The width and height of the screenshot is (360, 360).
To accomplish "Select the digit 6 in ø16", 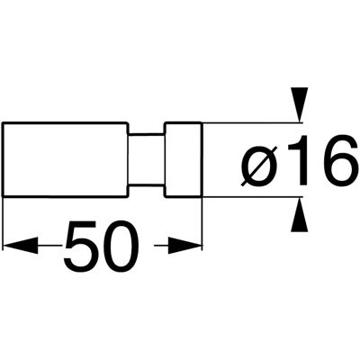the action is pos(338,160).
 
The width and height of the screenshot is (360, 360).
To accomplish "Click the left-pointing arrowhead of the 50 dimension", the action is pos(20,246).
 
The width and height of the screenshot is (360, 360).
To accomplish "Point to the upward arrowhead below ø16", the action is pos(300,214).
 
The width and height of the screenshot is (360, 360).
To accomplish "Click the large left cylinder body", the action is pos(65,159).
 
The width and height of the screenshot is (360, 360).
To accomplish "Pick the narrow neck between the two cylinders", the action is pos(147,159).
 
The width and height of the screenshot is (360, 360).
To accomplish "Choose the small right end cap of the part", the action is pos(183,159).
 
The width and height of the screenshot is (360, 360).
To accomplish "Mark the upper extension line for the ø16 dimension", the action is pos(252,122).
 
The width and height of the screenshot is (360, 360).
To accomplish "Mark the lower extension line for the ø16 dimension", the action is pos(252,197).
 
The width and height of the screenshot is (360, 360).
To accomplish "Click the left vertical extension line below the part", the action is pos(3,223).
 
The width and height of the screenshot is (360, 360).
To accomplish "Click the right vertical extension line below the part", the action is pos(202,223).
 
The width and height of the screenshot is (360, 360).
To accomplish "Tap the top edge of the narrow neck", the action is pos(147,133).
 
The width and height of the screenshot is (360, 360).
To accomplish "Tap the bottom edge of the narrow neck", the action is pos(147,186).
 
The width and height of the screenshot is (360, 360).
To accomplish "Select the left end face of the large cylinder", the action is pos(3,159).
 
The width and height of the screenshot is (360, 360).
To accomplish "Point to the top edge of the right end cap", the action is pos(183,122).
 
